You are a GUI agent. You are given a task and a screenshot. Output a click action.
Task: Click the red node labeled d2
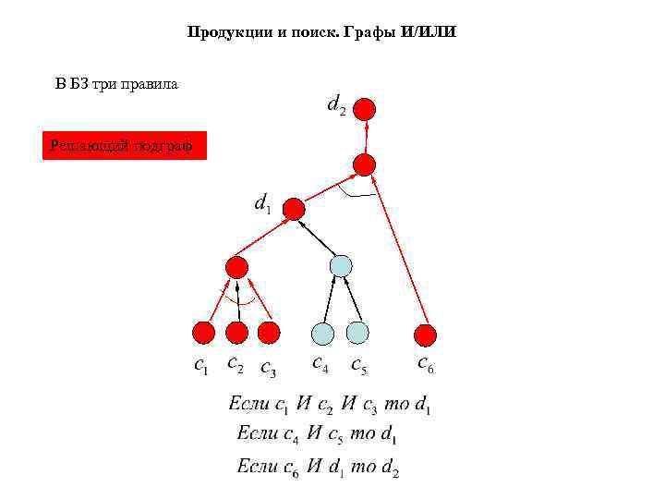[x=366, y=109]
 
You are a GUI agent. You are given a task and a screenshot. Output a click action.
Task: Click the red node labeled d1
[x=294, y=210]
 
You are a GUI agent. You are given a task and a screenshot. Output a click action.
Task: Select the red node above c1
[x=203, y=333]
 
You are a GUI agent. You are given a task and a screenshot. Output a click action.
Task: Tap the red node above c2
[x=237, y=333]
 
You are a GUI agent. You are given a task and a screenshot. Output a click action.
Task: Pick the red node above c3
[x=269, y=332]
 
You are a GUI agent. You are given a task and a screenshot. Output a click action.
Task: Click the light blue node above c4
[x=323, y=333]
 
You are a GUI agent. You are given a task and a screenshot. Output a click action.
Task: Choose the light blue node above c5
[x=357, y=332]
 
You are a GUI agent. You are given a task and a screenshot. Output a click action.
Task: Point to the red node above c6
[x=424, y=335]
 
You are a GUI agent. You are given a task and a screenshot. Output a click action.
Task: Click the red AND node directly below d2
[x=365, y=165]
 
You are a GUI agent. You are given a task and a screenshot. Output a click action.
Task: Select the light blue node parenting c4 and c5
[x=341, y=266]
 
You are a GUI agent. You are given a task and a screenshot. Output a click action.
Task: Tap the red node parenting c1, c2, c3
[x=237, y=268]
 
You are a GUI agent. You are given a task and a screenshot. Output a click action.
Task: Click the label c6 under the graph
[x=426, y=365]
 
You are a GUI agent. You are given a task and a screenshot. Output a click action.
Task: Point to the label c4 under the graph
[x=320, y=365]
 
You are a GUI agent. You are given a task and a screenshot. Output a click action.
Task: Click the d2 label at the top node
[x=337, y=105]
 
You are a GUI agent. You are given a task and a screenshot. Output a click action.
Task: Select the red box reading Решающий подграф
[x=125, y=145]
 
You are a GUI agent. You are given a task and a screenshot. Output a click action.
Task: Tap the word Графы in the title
[x=370, y=32]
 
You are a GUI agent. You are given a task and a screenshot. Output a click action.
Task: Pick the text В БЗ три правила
[x=116, y=84]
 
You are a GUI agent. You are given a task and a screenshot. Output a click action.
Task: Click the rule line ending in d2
[x=318, y=467]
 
